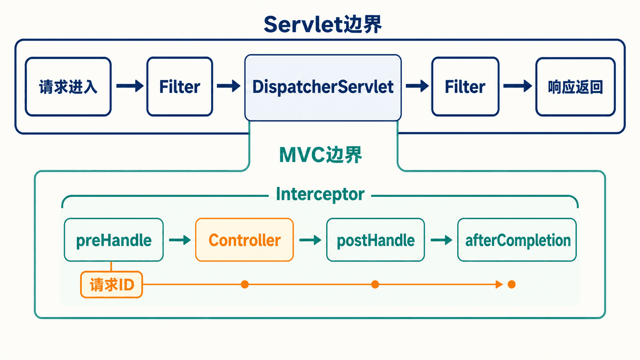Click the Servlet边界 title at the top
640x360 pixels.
pos(323,24)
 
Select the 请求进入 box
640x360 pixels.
pos(68,86)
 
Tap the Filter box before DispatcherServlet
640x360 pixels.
pos(180,86)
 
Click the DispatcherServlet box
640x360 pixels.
pos(323,88)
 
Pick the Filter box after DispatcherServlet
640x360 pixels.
pos(465,86)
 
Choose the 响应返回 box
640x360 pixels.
pos(575,86)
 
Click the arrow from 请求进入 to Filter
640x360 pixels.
pos(130,86)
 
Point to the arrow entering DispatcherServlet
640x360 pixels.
pos(229,86)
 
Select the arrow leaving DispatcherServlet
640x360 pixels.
pos(417,86)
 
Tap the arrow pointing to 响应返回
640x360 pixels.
pos(518,86)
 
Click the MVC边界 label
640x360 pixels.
pos(320,155)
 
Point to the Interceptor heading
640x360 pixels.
pos(320,194)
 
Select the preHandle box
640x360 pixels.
pos(114,240)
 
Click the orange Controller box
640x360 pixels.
pos(245,240)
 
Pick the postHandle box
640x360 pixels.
pos(376,240)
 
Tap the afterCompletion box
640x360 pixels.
pos(517,240)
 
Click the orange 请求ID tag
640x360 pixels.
pos(111,285)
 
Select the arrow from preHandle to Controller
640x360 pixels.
pos(180,240)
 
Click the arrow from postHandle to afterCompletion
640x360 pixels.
pos(441,240)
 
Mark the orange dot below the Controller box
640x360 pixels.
pos(245,284)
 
